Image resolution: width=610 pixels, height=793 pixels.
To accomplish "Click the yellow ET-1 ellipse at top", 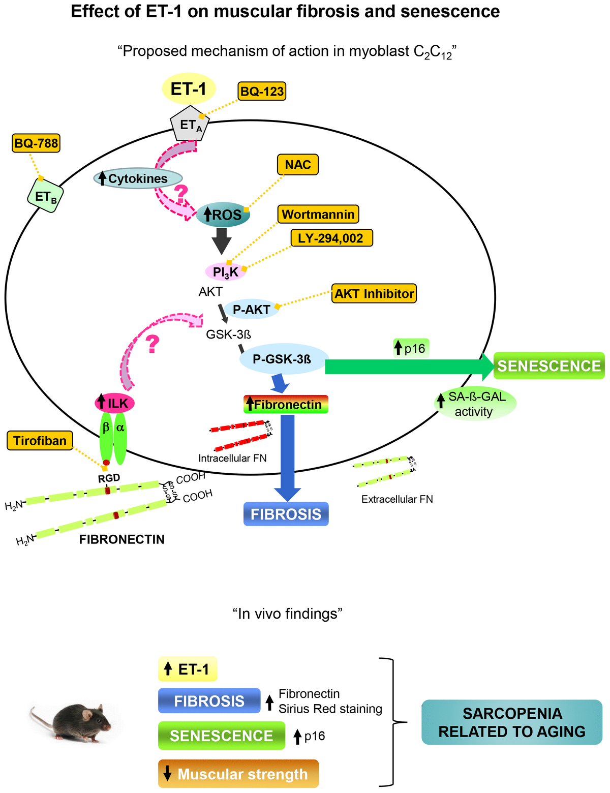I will tap(189, 89).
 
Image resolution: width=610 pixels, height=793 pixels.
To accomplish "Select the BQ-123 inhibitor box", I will tap(262, 91).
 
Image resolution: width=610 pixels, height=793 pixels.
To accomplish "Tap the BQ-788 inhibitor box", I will tap(36, 143).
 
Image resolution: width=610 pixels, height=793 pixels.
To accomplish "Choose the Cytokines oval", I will tap(138, 178).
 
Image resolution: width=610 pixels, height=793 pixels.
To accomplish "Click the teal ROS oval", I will tap(223, 215).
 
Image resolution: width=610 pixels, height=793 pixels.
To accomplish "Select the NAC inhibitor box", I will tap(298, 165).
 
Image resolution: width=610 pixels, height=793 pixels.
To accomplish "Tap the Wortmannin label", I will tap(318, 214).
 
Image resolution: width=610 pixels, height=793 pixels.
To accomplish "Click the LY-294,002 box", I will tap(331, 238).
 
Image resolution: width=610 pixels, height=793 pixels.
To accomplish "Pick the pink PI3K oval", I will tap(226, 272).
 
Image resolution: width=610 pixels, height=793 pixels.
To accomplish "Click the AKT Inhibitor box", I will tap(374, 293).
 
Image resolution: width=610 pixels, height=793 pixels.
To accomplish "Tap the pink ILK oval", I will tap(115, 404).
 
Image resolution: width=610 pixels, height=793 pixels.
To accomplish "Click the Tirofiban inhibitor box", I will tap(40, 440).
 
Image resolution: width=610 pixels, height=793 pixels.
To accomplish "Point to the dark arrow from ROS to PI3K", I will tap(222, 241).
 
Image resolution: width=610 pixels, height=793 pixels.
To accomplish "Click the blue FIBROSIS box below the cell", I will tap(286, 514).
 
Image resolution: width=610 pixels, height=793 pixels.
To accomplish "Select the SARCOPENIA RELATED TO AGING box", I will tap(512, 722).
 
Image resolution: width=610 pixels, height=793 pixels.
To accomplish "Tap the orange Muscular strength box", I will tap(238, 774).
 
